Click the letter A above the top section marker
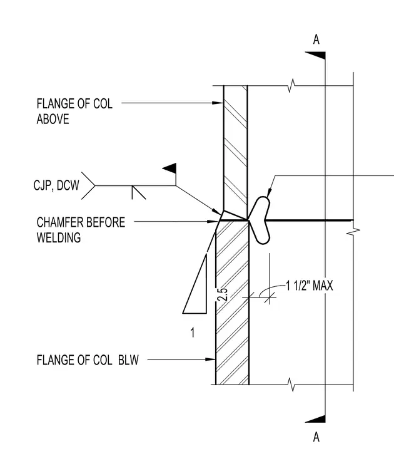click(316, 39)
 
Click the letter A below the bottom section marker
click(316, 437)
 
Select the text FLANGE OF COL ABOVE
click(74, 111)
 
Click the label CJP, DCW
click(56, 185)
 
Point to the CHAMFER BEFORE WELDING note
click(81, 230)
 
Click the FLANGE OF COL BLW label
click(88, 360)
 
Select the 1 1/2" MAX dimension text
click(310, 286)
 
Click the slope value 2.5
click(223, 294)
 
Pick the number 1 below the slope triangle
click(193, 333)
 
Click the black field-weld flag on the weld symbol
click(169, 168)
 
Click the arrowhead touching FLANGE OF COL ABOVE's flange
click(218, 103)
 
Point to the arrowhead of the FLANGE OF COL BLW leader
click(210, 360)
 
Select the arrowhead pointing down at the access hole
click(269, 194)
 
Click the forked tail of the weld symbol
click(88, 185)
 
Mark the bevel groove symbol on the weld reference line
click(138, 192)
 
